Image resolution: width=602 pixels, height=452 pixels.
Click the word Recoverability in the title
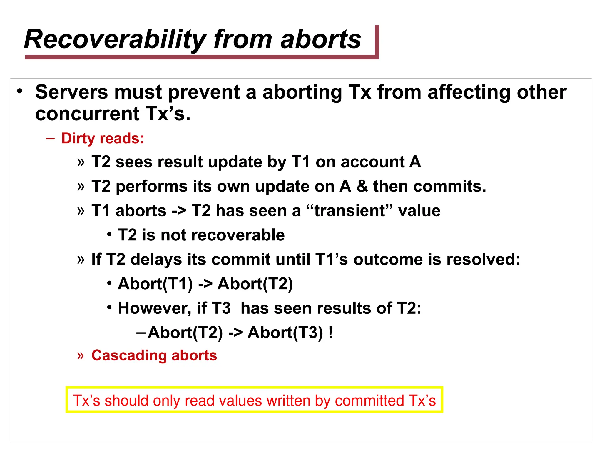click(x=115, y=40)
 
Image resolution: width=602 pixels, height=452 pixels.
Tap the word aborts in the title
click(x=320, y=40)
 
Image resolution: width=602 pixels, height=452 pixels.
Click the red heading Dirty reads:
click(x=103, y=138)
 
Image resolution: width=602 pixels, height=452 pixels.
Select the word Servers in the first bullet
click(x=72, y=92)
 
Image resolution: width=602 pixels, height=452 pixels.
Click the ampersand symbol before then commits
click(x=362, y=186)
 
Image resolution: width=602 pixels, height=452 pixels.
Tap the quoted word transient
click(x=349, y=211)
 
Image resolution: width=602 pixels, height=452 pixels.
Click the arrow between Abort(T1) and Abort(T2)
click(x=205, y=284)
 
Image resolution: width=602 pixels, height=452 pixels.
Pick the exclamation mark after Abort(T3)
click(x=331, y=333)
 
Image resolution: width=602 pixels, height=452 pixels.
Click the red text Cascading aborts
click(x=154, y=355)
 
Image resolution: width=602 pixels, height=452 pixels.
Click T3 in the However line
click(x=221, y=308)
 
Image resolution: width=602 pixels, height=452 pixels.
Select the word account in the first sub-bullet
click(x=372, y=162)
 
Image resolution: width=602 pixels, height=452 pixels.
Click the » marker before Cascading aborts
click(x=80, y=355)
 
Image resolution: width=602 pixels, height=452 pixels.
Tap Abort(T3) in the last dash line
click(x=285, y=333)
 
